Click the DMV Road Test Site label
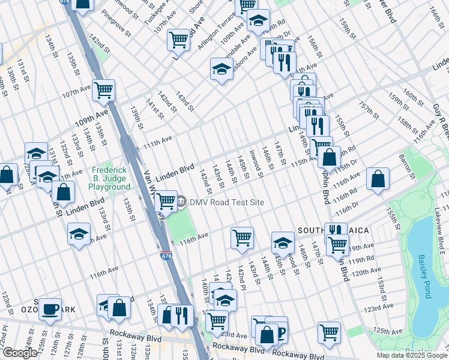[x=227, y=202]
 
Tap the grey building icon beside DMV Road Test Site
[x=182, y=202]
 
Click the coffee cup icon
[x=50, y=309]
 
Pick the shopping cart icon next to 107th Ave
[x=104, y=90]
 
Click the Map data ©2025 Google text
[x=412, y=355]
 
